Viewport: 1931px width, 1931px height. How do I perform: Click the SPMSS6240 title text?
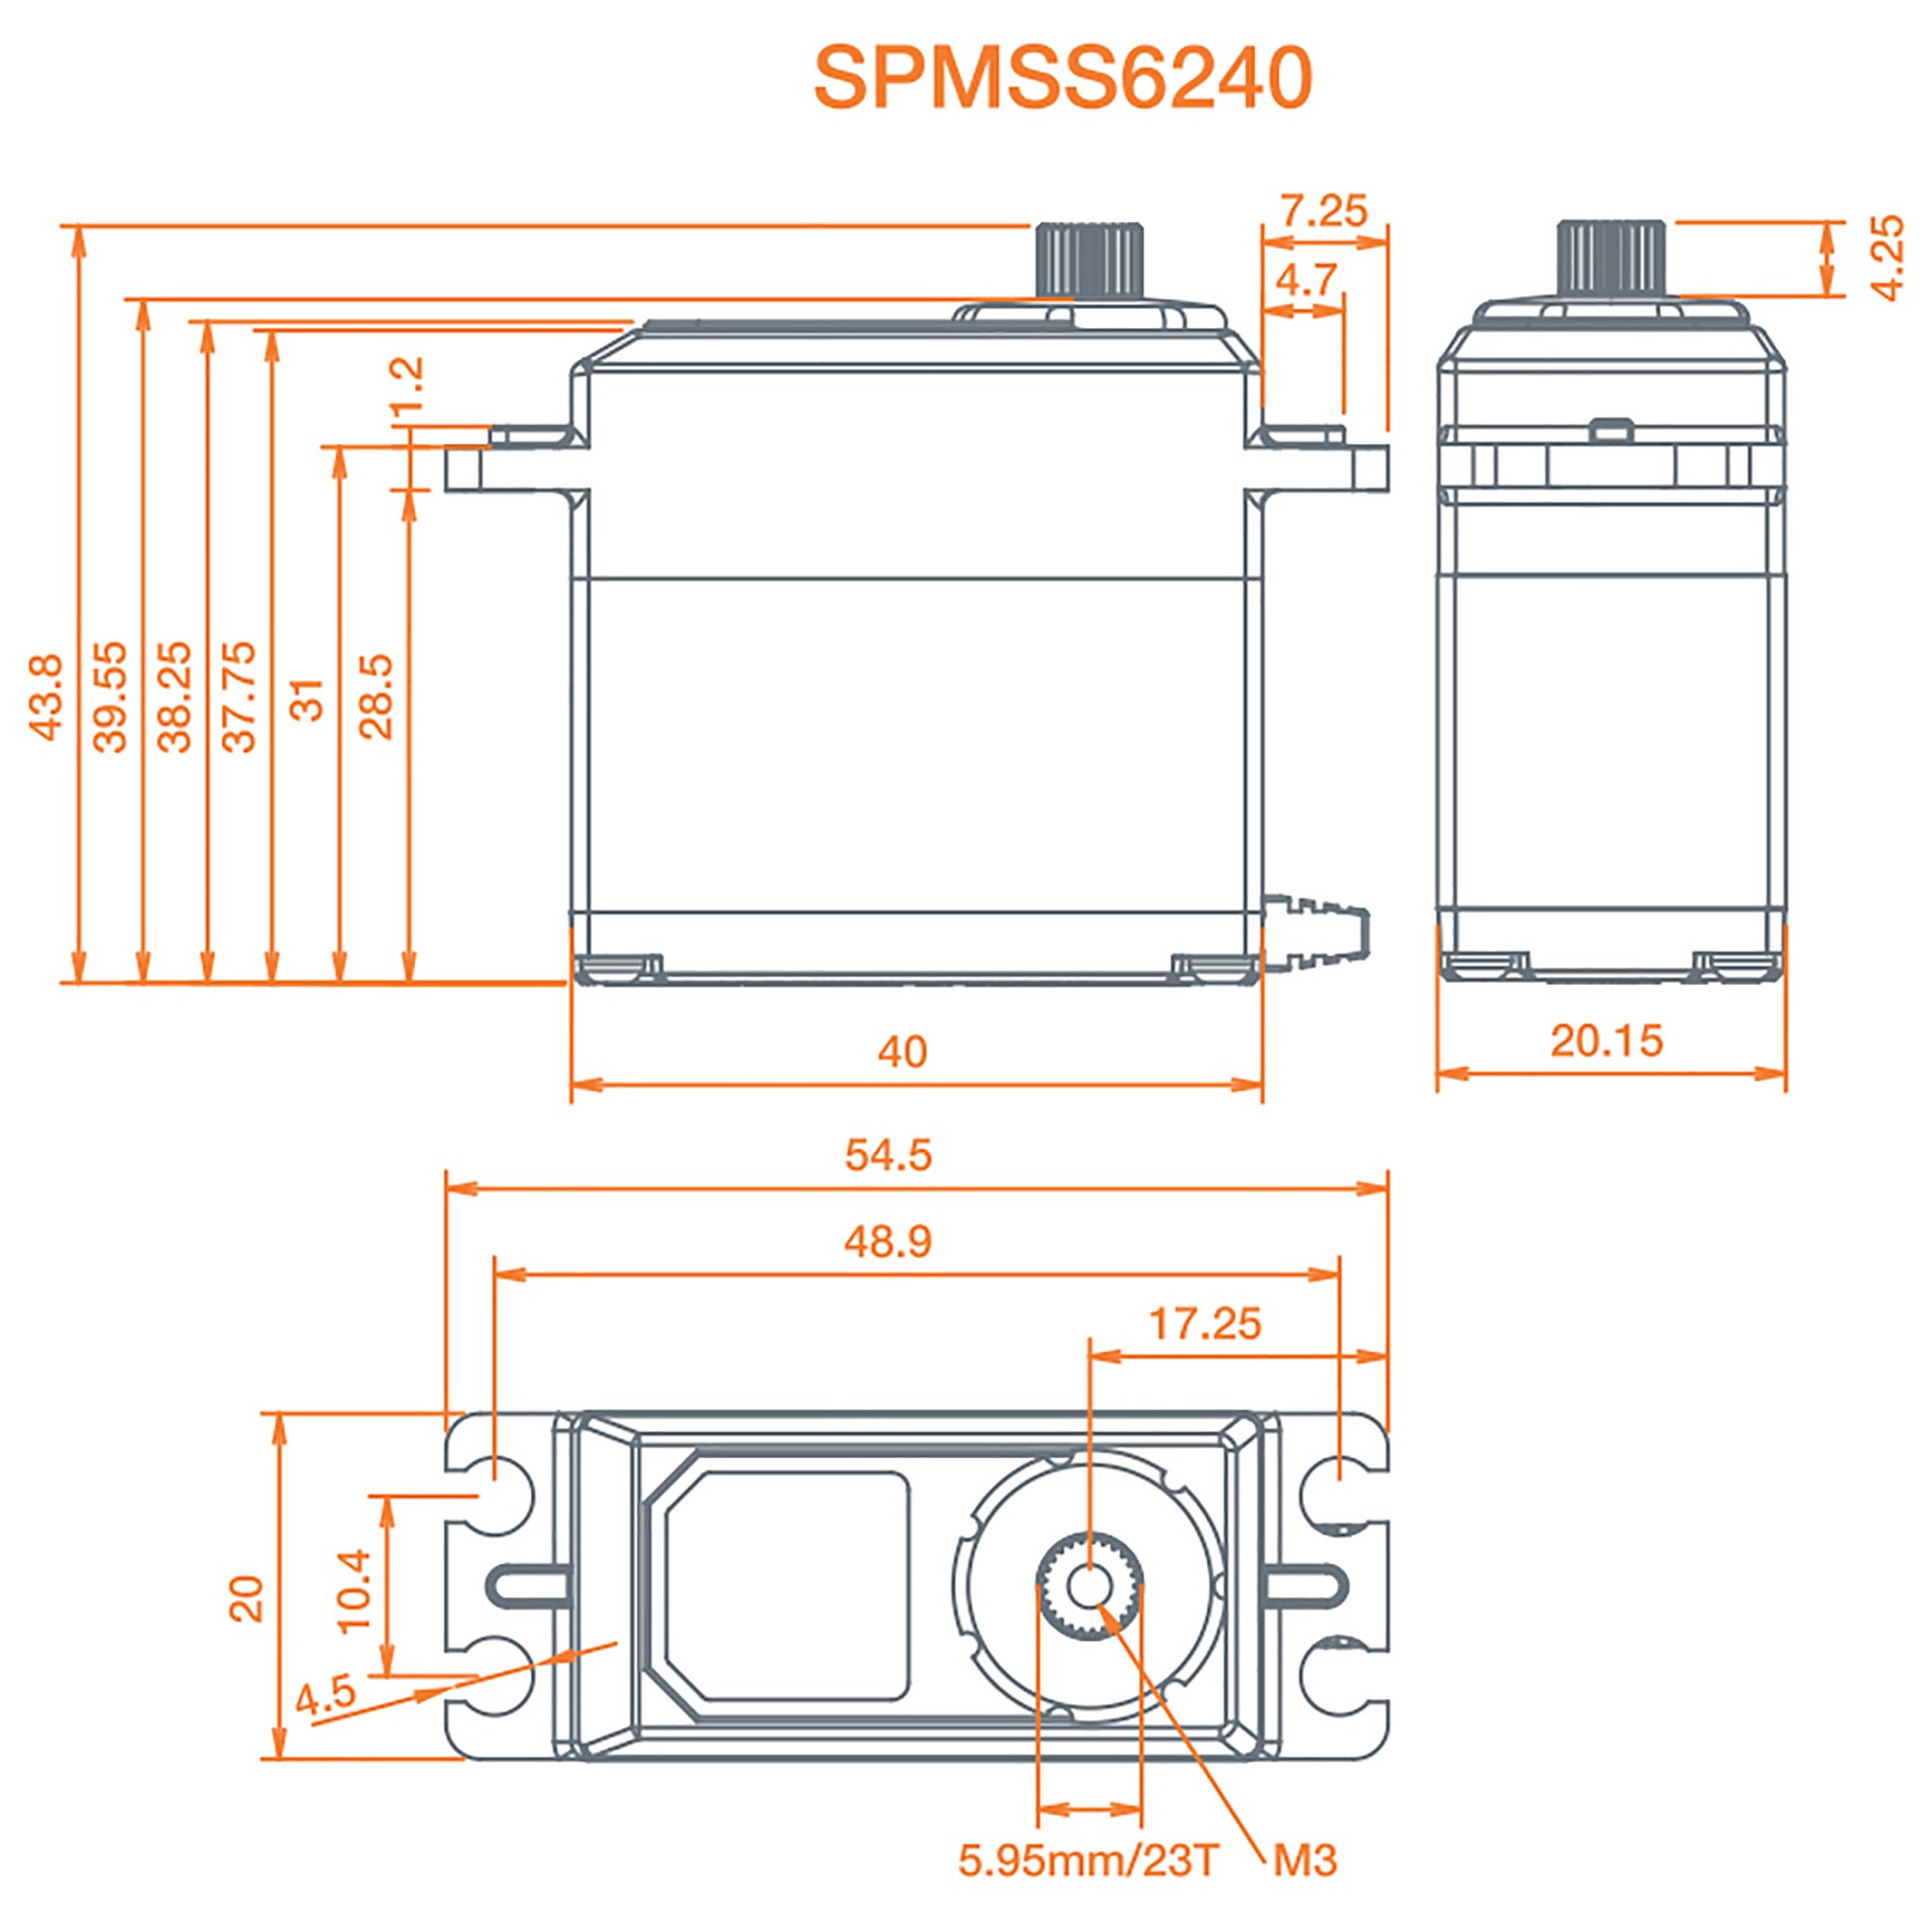pyautogui.click(x=1061, y=78)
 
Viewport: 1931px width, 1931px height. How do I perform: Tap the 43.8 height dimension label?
pyautogui.click(x=47, y=697)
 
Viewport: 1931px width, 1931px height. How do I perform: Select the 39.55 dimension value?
pyautogui.click(x=111, y=697)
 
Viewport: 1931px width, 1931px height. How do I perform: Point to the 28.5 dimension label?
pyautogui.click(x=377, y=697)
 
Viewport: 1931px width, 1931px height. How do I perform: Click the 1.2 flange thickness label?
pyautogui.click(x=406, y=384)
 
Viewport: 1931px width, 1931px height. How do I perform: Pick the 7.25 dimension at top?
pyautogui.click(x=1324, y=210)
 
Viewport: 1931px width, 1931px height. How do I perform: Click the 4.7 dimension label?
pyautogui.click(x=1305, y=279)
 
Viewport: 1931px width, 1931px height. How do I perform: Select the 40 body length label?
pyautogui.click(x=902, y=1051)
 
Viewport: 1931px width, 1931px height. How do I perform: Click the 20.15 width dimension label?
pyautogui.click(x=1607, y=1041)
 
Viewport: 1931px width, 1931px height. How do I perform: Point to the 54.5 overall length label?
pyautogui.click(x=887, y=1156)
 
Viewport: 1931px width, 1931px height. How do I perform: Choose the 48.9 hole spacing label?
pyautogui.click(x=887, y=1242)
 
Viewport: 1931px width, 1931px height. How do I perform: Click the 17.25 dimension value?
pyautogui.click(x=1204, y=1325)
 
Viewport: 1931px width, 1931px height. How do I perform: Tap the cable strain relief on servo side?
pyautogui.click(x=1314, y=930)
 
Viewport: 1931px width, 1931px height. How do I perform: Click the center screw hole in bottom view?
pyautogui.click(x=1088, y=1585)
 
